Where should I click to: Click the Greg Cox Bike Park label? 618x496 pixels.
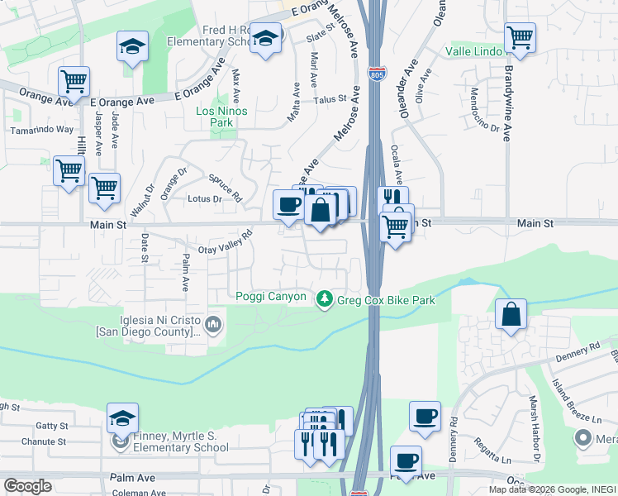click(x=386, y=299)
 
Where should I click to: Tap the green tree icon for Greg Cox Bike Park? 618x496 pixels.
click(x=326, y=298)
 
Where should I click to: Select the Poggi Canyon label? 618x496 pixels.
click(x=271, y=297)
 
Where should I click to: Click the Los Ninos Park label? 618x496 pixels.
click(x=221, y=117)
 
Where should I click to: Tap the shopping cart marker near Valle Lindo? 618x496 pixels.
click(x=520, y=36)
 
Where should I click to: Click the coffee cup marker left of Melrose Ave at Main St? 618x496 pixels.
click(x=288, y=204)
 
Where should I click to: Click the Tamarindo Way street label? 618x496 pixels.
click(x=41, y=130)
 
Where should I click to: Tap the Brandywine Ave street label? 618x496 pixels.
click(x=507, y=103)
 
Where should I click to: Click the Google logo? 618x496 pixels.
click(x=27, y=486)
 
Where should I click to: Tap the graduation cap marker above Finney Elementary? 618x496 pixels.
click(x=122, y=417)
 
